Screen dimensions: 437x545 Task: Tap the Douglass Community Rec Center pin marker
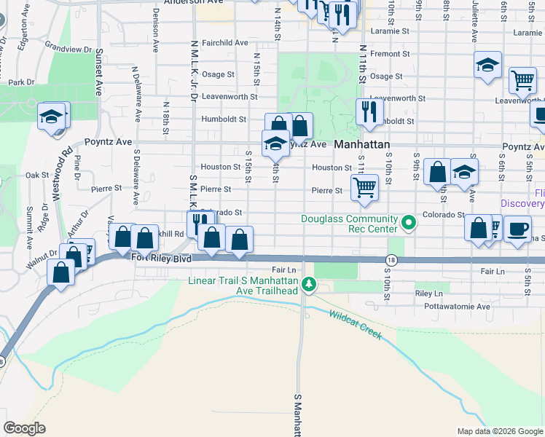pos(409,221)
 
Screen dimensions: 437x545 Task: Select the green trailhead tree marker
pos(309,284)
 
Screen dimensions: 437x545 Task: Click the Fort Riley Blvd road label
pos(161,258)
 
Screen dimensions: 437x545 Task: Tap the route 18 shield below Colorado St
pos(392,260)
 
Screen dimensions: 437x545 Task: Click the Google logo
pos(25,428)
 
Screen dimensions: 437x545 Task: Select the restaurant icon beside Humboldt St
pos(369,111)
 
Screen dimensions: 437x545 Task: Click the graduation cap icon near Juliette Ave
pos(487,66)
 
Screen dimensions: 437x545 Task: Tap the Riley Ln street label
pos(428,293)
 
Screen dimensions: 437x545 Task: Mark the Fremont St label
pos(385,54)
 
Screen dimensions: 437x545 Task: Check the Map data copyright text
pos(499,431)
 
